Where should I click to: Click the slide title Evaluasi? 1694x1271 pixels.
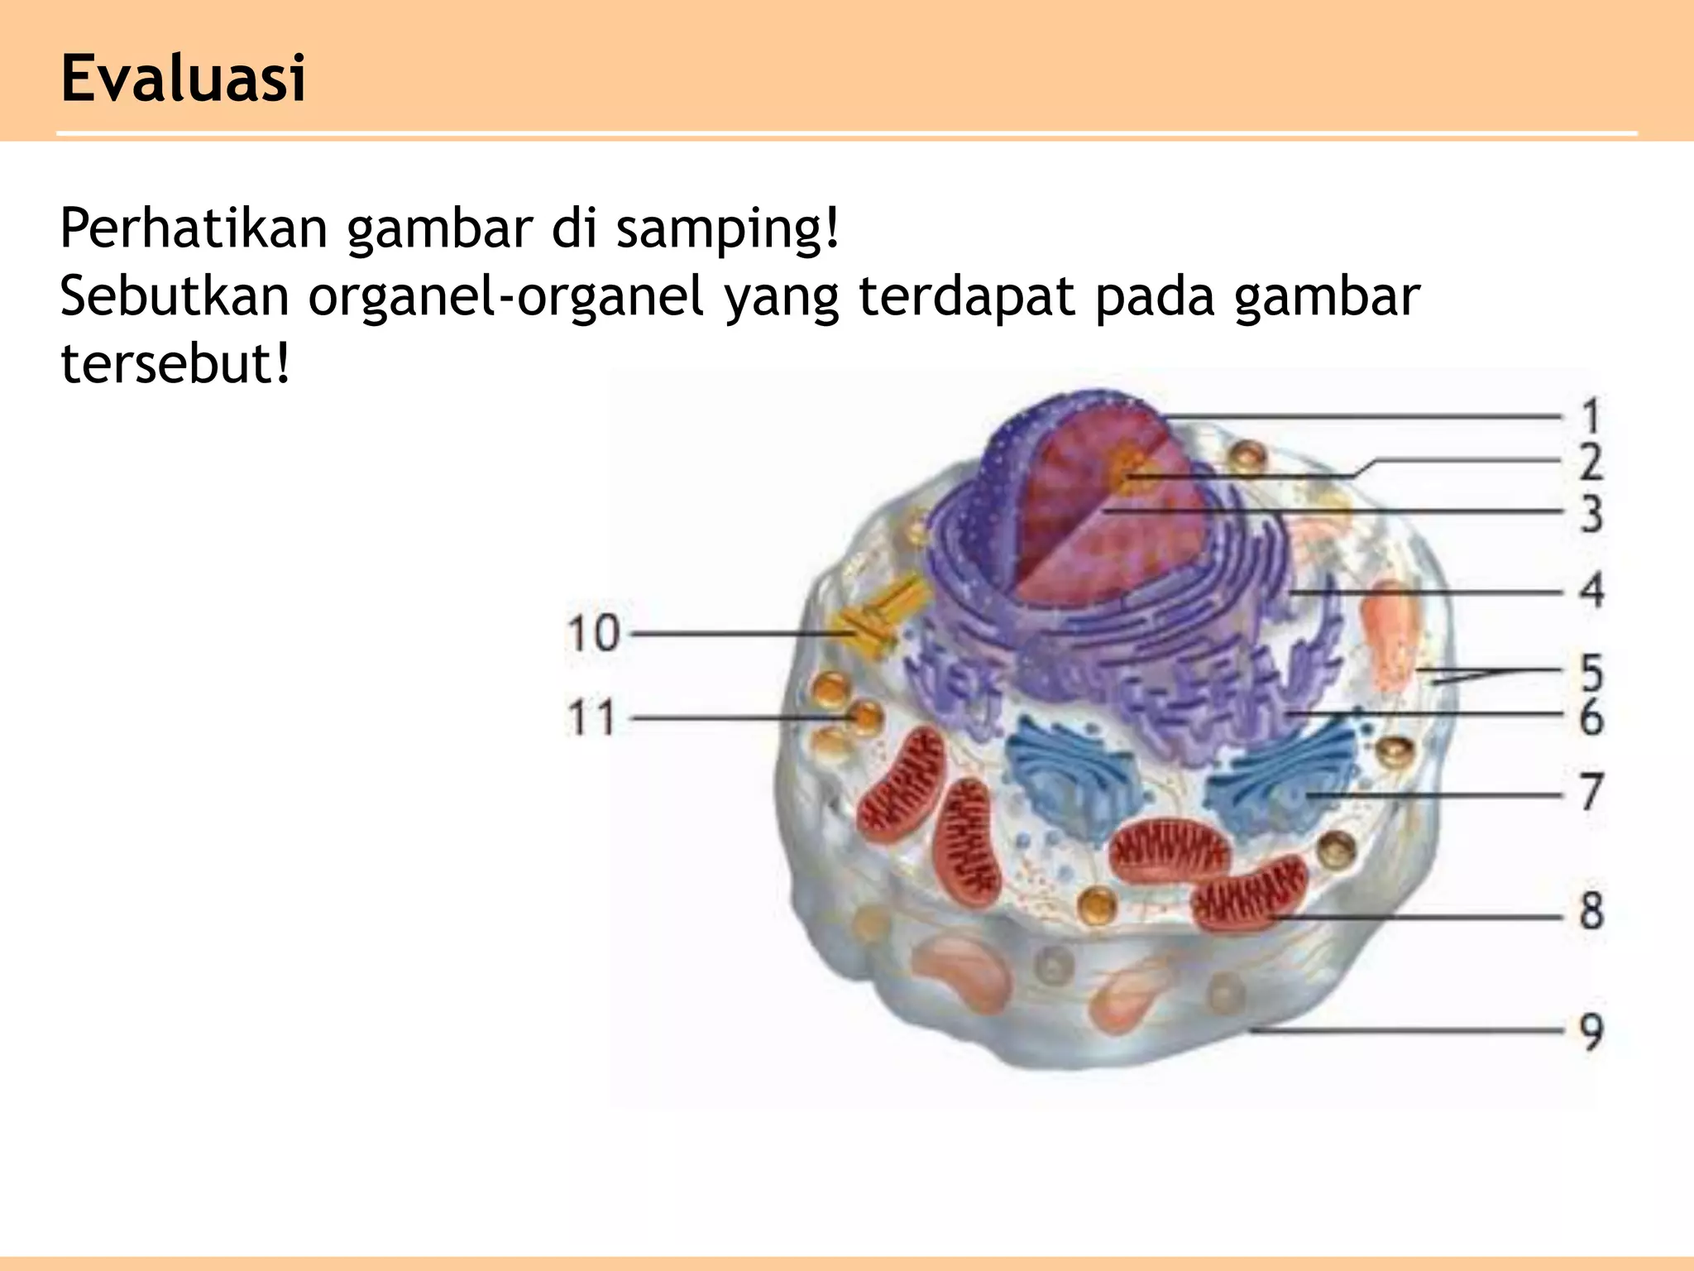pyautogui.click(x=183, y=79)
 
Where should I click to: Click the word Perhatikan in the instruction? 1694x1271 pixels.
pyautogui.click(x=194, y=228)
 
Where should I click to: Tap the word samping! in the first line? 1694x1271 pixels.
pyautogui.click(x=728, y=228)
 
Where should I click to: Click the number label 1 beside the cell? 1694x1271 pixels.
pyautogui.click(x=1591, y=416)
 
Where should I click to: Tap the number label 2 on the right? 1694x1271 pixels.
pyautogui.click(x=1591, y=463)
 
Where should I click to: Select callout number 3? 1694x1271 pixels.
pyautogui.click(x=1591, y=513)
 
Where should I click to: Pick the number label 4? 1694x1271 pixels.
pyautogui.click(x=1591, y=591)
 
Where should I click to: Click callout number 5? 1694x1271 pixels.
pyautogui.click(x=1591, y=672)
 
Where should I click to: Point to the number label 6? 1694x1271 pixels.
pyautogui.click(x=1591, y=717)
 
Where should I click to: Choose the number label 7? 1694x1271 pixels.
pyautogui.click(x=1591, y=792)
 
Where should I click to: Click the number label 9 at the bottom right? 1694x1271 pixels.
pyautogui.click(x=1591, y=1031)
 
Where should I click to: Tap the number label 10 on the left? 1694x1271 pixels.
pyautogui.click(x=593, y=634)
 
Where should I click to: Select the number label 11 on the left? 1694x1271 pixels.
pyautogui.click(x=592, y=717)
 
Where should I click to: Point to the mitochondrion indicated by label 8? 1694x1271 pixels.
pyautogui.click(x=1249, y=894)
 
